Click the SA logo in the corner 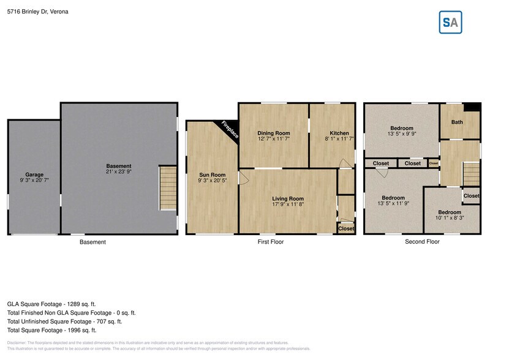point(451,23)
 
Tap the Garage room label point(34,174)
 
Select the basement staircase point(168,188)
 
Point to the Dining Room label point(273,133)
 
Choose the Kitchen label point(339,133)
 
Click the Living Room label point(288,198)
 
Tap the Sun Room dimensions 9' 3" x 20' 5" point(212,181)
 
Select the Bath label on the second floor point(458,122)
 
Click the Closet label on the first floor point(346,228)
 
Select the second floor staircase point(470,173)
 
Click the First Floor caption point(270,242)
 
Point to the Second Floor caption point(422,242)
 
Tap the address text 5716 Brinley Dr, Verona point(38,11)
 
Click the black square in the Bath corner point(472,107)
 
